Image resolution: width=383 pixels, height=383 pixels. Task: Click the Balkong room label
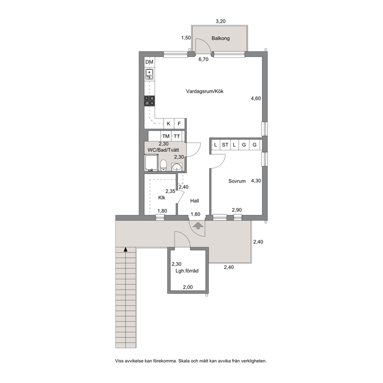click(220, 38)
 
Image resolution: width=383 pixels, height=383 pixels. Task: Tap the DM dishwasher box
click(149, 62)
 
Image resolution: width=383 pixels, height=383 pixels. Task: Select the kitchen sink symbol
click(149, 74)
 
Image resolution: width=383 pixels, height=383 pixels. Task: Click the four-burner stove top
click(149, 101)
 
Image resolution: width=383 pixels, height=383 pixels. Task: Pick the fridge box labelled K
click(169, 124)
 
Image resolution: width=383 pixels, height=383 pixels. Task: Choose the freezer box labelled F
click(179, 124)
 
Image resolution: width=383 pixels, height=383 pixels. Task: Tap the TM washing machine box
click(166, 136)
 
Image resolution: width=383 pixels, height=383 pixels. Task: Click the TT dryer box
click(176, 136)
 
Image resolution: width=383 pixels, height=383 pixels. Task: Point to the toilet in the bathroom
click(163, 165)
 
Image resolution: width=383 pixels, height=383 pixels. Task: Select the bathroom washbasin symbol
click(177, 166)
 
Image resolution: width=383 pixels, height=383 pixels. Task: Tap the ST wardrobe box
click(225, 145)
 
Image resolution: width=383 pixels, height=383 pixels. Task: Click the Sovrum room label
click(237, 181)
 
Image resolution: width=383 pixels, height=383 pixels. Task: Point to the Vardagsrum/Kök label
click(205, 92)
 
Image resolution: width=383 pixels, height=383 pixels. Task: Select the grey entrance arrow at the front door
click(198, 225)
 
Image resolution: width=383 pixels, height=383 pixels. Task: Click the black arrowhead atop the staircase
click(125, 249)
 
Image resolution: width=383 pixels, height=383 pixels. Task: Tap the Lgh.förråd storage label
click(187, 271)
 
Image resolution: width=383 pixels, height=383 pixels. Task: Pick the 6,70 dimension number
click(203, 59)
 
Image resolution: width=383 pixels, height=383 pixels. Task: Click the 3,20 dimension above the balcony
click(220, 21)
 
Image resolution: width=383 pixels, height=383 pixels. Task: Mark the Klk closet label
click(162, 198)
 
